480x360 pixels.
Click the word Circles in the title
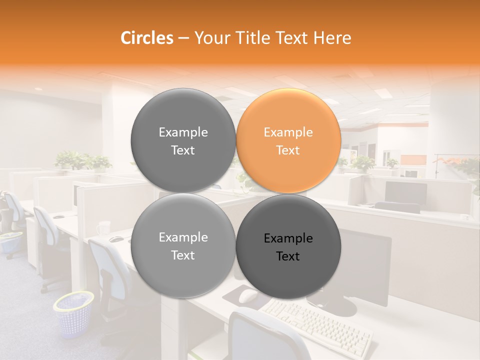146,38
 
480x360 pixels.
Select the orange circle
288,140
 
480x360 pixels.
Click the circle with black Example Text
288,246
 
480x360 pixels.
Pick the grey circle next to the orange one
183,140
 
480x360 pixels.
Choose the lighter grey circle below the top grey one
183,246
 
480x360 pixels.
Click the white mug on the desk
104,227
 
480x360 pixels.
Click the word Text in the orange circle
288,150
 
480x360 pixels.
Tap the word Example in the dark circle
288,238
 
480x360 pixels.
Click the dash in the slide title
183,38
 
